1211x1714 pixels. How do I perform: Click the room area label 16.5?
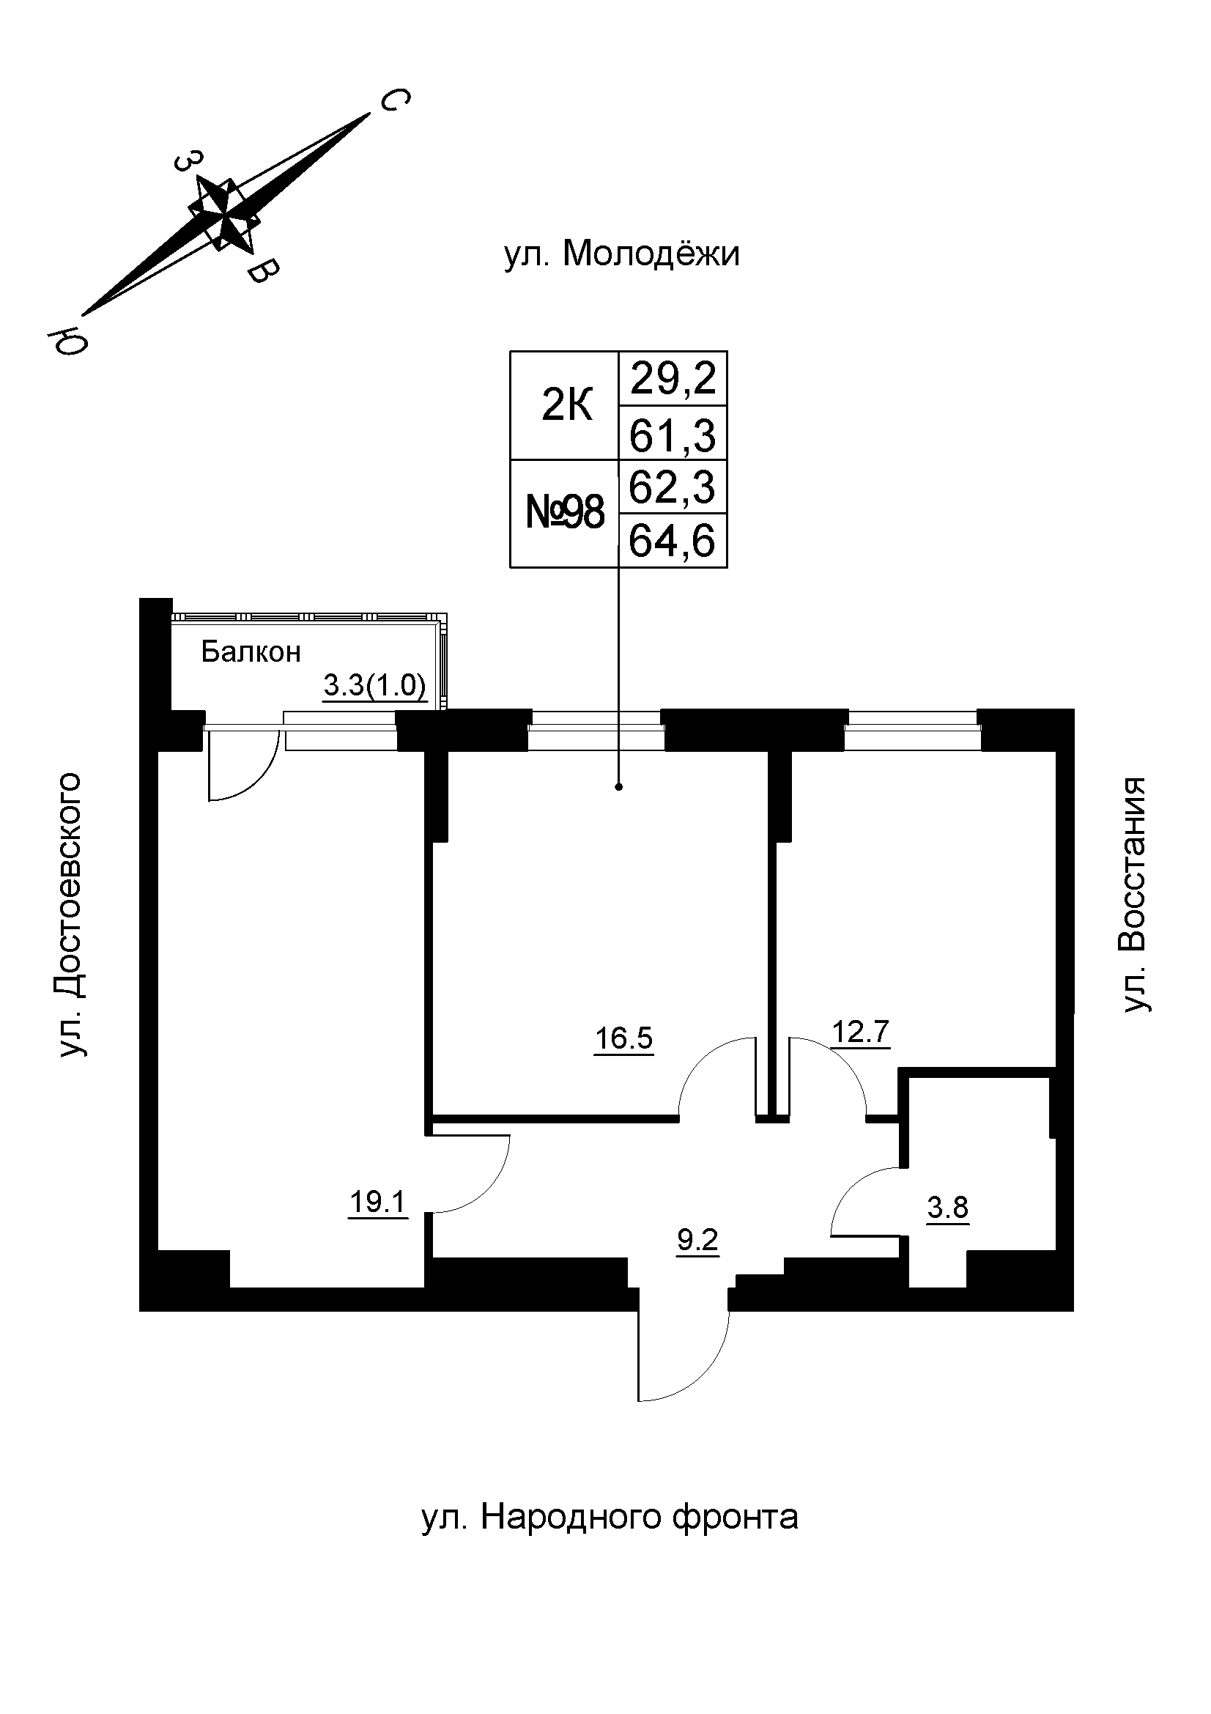coord(623,1038)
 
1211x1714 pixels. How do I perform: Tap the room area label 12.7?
coord(860,1033)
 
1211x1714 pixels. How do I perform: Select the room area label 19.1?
coord(377,1203)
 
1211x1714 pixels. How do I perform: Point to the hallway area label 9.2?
coord(697,1241)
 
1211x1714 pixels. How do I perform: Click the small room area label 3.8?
coord(947,1207)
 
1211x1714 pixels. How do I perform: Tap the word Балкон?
coord(251,653)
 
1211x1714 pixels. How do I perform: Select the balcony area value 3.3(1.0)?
coord(374,686)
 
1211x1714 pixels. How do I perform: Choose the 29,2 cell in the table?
coord(673,378)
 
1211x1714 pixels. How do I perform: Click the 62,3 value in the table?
coord(673,487)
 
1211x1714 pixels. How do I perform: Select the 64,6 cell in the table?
coord(673,542)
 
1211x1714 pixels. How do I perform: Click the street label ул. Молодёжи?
coord(621,254)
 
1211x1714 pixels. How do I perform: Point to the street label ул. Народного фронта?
coord(610,1517)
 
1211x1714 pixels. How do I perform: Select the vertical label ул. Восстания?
coord(1136,895)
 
